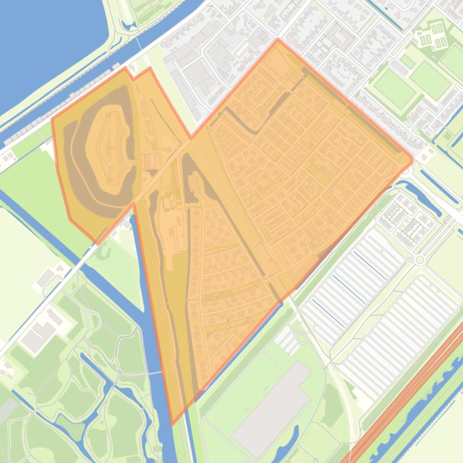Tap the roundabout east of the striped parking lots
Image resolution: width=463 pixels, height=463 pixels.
point(420,260)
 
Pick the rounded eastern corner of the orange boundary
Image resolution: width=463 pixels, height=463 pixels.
point(412,159)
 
